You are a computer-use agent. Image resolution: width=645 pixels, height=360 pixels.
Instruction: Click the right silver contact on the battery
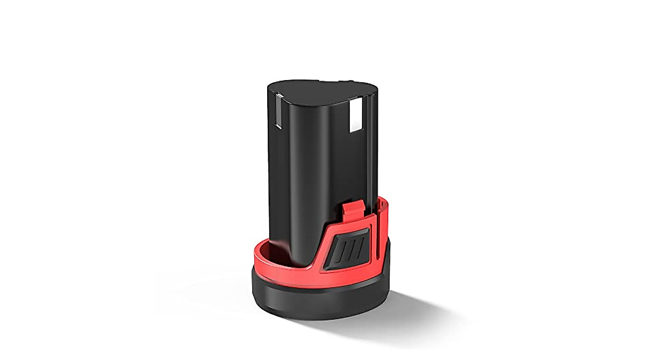[x=356, y=117]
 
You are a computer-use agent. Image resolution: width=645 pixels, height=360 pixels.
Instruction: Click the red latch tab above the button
[x=352, y=210]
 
